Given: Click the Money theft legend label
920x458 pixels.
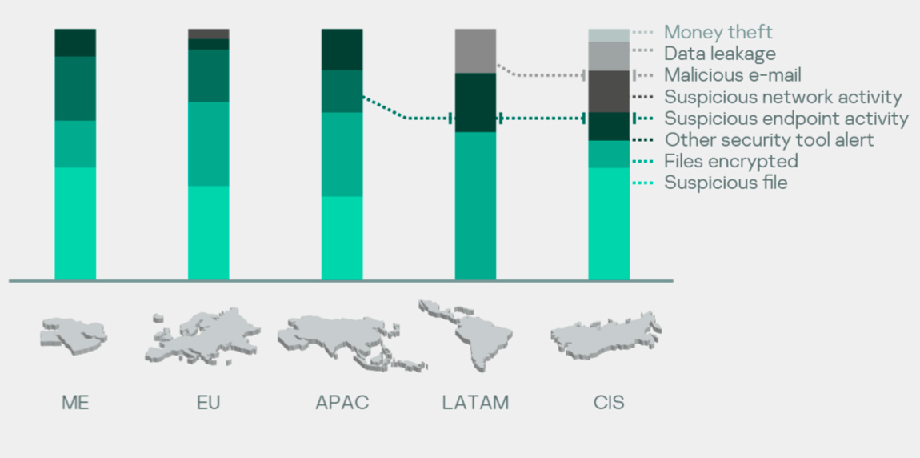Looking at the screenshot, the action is tap(718, 32).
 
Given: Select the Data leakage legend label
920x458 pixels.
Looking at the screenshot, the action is tap(720, 54).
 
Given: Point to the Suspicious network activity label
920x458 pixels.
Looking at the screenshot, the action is tap(782, 97).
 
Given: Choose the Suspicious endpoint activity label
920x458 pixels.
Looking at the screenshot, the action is tap(786, 119).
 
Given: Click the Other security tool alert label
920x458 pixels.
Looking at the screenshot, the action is tap(770, 140).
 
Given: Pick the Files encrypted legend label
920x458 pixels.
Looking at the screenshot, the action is tap(731, 161).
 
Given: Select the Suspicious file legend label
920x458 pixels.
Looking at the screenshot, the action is tap(726, 183).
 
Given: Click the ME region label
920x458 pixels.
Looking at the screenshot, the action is tap(76, 403).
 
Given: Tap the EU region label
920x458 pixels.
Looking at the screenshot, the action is tap(209, 403).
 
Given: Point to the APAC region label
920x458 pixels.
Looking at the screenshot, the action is tap(342, 403).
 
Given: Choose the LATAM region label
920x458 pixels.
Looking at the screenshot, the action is tap(475, 403).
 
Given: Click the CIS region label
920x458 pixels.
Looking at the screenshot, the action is tap(609, 403).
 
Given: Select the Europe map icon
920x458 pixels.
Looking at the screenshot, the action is tap(202, 335).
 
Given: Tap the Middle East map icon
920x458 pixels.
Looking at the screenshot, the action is tap(74, 335).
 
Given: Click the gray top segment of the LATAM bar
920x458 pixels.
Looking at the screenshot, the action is tap(475, 51).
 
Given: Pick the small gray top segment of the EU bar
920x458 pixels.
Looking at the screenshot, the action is tap(208, 34).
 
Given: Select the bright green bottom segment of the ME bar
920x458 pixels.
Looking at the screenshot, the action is tap(75, 223).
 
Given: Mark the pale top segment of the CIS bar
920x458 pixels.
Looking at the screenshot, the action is tap(609, 35).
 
